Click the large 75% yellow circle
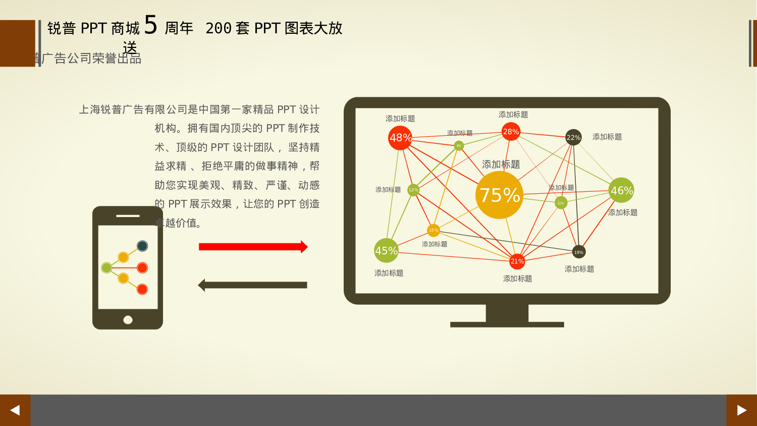point(499,195)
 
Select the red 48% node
point(400,138)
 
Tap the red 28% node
point(511,132)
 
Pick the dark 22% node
point(573,137)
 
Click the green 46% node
point(621,190)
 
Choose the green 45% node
point(386,250)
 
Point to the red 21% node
point(517,261)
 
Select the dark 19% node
point(578,252)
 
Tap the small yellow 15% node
point(434,230)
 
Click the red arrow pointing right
point(253,247)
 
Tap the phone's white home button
point(128,320)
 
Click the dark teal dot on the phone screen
point(142,246)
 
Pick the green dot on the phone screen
point(106,268)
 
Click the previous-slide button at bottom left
point(15,410)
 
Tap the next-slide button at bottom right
point(741,410)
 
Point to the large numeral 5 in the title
point(151,25)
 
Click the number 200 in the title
point(218,28)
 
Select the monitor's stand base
point(507,325)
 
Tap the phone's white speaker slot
point(128,216)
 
